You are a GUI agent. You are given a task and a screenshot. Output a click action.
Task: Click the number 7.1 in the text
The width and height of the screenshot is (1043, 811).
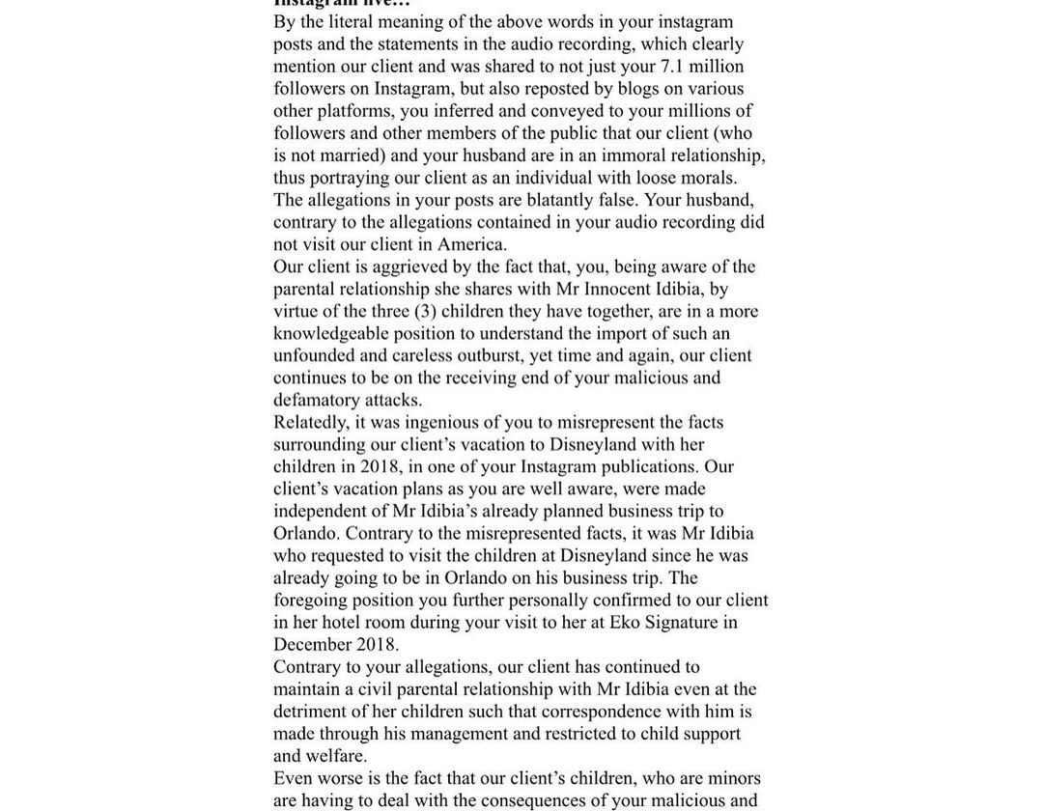point(673,67)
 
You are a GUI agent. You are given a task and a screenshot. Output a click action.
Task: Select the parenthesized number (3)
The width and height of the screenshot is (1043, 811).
point(425,311)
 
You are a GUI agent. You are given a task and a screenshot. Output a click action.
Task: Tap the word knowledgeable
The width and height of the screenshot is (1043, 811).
point(329,333)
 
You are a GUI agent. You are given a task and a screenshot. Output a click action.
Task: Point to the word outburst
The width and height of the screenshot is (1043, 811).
point(490,355)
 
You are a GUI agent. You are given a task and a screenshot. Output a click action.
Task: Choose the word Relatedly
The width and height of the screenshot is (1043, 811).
point(311,422)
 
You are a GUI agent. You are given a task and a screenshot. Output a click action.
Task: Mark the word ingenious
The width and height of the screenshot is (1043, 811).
point(439,422)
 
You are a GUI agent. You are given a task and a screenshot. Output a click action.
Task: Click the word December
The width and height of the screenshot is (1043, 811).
point(311,645)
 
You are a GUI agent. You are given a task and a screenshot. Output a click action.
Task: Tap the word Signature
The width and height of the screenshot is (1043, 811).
point(681,623)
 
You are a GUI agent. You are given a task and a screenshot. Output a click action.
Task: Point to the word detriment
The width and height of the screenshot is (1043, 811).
point(308,712)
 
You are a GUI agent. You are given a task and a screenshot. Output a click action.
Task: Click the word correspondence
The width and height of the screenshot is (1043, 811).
point(601,712)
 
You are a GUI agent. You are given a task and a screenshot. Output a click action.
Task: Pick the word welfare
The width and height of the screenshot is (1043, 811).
point(336,756)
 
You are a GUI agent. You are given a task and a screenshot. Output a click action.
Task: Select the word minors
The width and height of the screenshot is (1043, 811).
point(734,778)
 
